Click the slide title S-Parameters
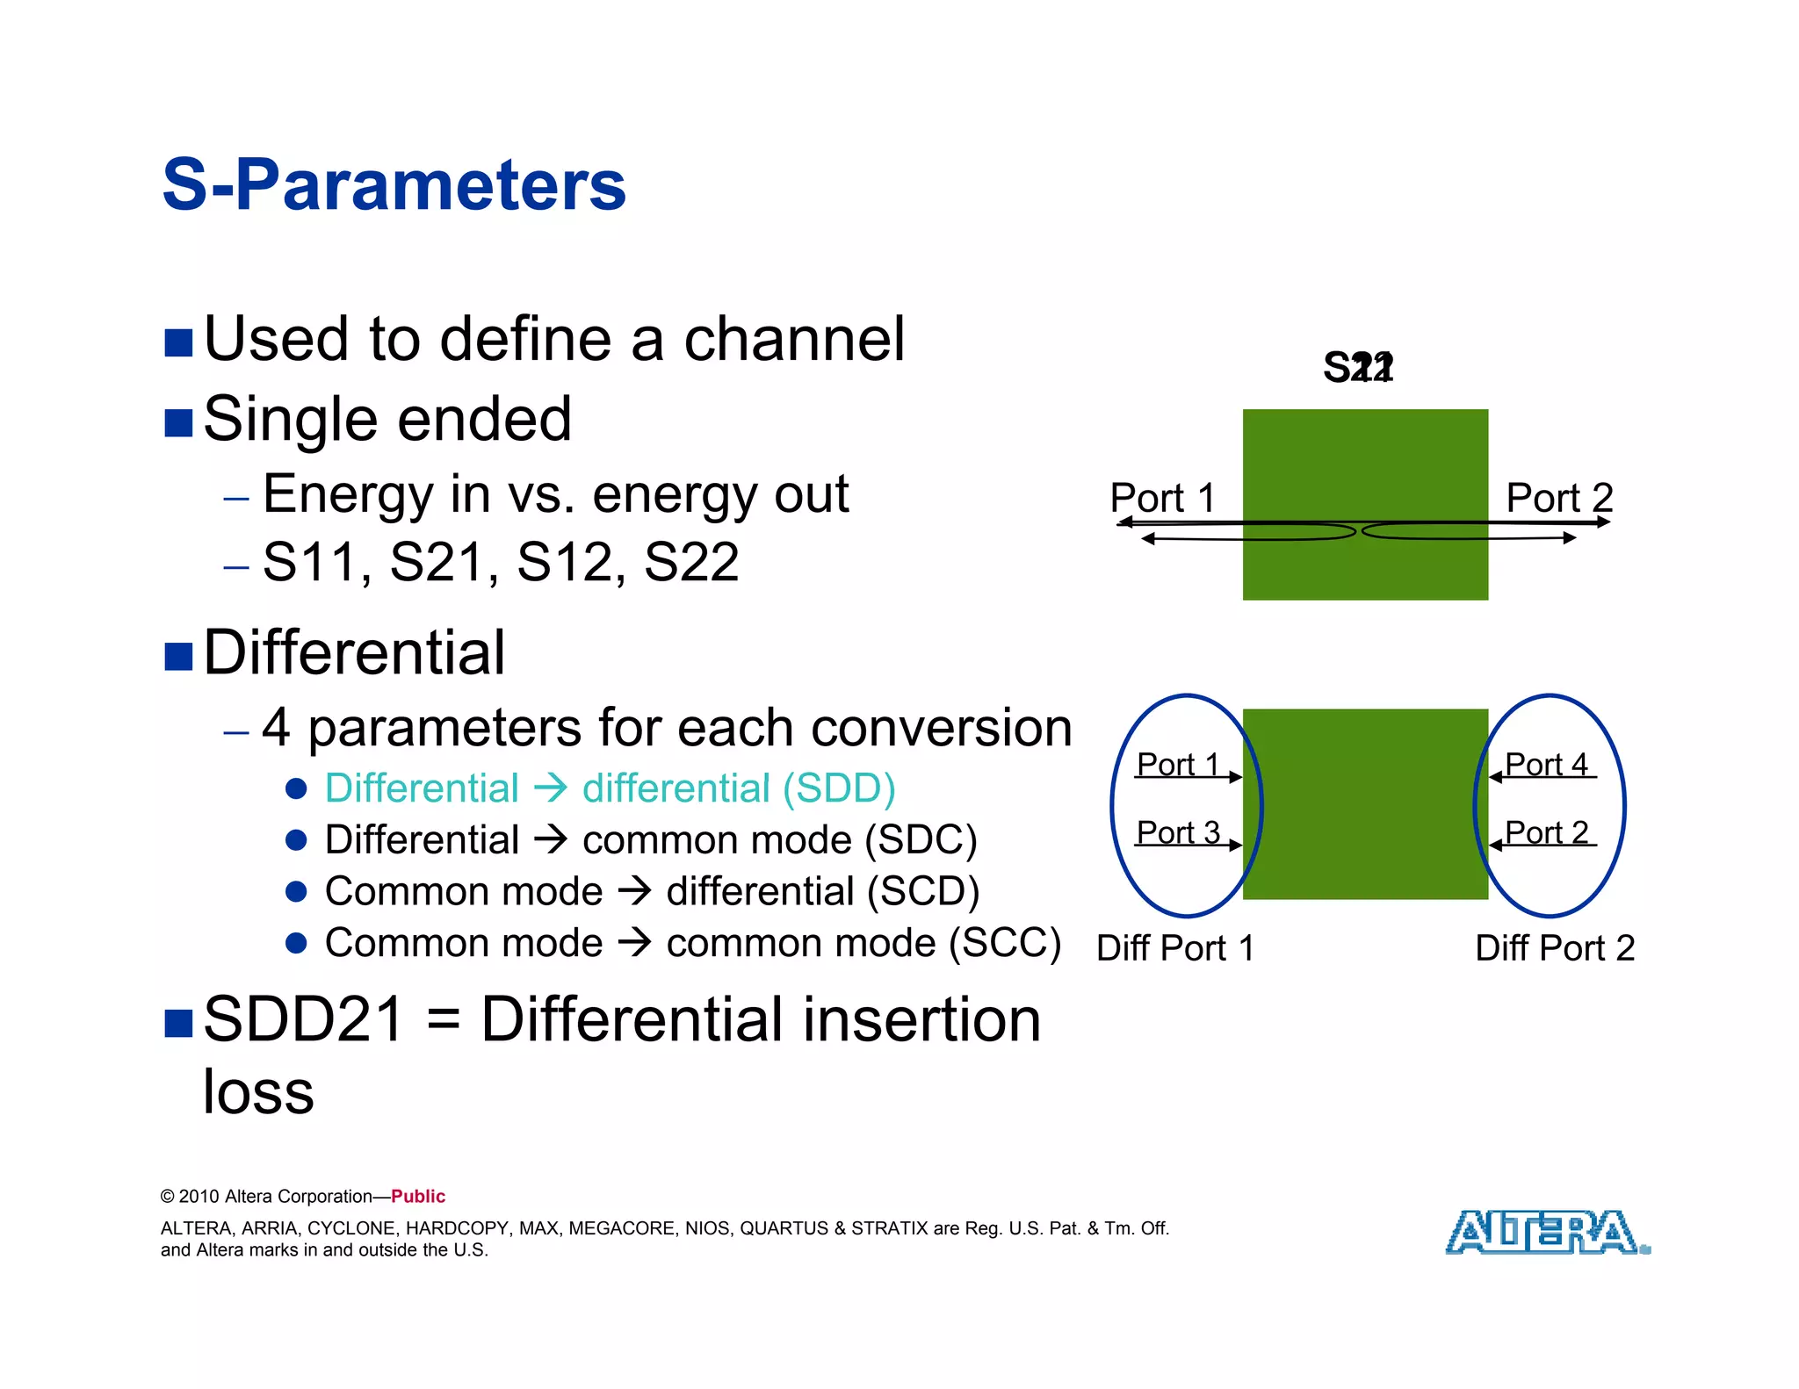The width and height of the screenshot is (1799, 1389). [394, 185]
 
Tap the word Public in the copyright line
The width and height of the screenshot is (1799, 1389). [418, 1196]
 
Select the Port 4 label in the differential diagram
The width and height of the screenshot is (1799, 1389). [1546, 764]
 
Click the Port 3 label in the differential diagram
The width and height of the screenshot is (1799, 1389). [1178, 831]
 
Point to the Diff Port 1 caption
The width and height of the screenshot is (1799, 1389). [1175, 948]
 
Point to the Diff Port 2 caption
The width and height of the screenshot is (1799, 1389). [1555, 948]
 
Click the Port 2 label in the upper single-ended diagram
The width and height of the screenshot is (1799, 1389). [1559, 498]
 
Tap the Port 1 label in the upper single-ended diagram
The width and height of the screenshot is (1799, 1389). [1162, 498]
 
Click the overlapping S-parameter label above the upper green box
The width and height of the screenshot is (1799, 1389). [1358, 367]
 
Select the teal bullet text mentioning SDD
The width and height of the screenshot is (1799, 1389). [610, 788]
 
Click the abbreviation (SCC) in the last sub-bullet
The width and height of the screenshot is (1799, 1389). [1005, 943]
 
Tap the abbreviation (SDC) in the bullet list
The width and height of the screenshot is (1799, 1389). [921, 839]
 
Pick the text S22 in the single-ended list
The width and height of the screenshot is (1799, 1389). [691, 562]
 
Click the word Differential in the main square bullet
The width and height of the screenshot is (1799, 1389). [354, 653]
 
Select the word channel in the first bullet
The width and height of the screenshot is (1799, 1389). [794, 339]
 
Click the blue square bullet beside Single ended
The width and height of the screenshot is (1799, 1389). [178, 422]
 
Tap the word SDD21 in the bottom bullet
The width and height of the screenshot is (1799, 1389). [303, 1019]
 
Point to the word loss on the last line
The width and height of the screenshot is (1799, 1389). [258, 1091]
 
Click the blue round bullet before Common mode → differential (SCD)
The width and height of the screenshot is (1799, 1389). [296, 891]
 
